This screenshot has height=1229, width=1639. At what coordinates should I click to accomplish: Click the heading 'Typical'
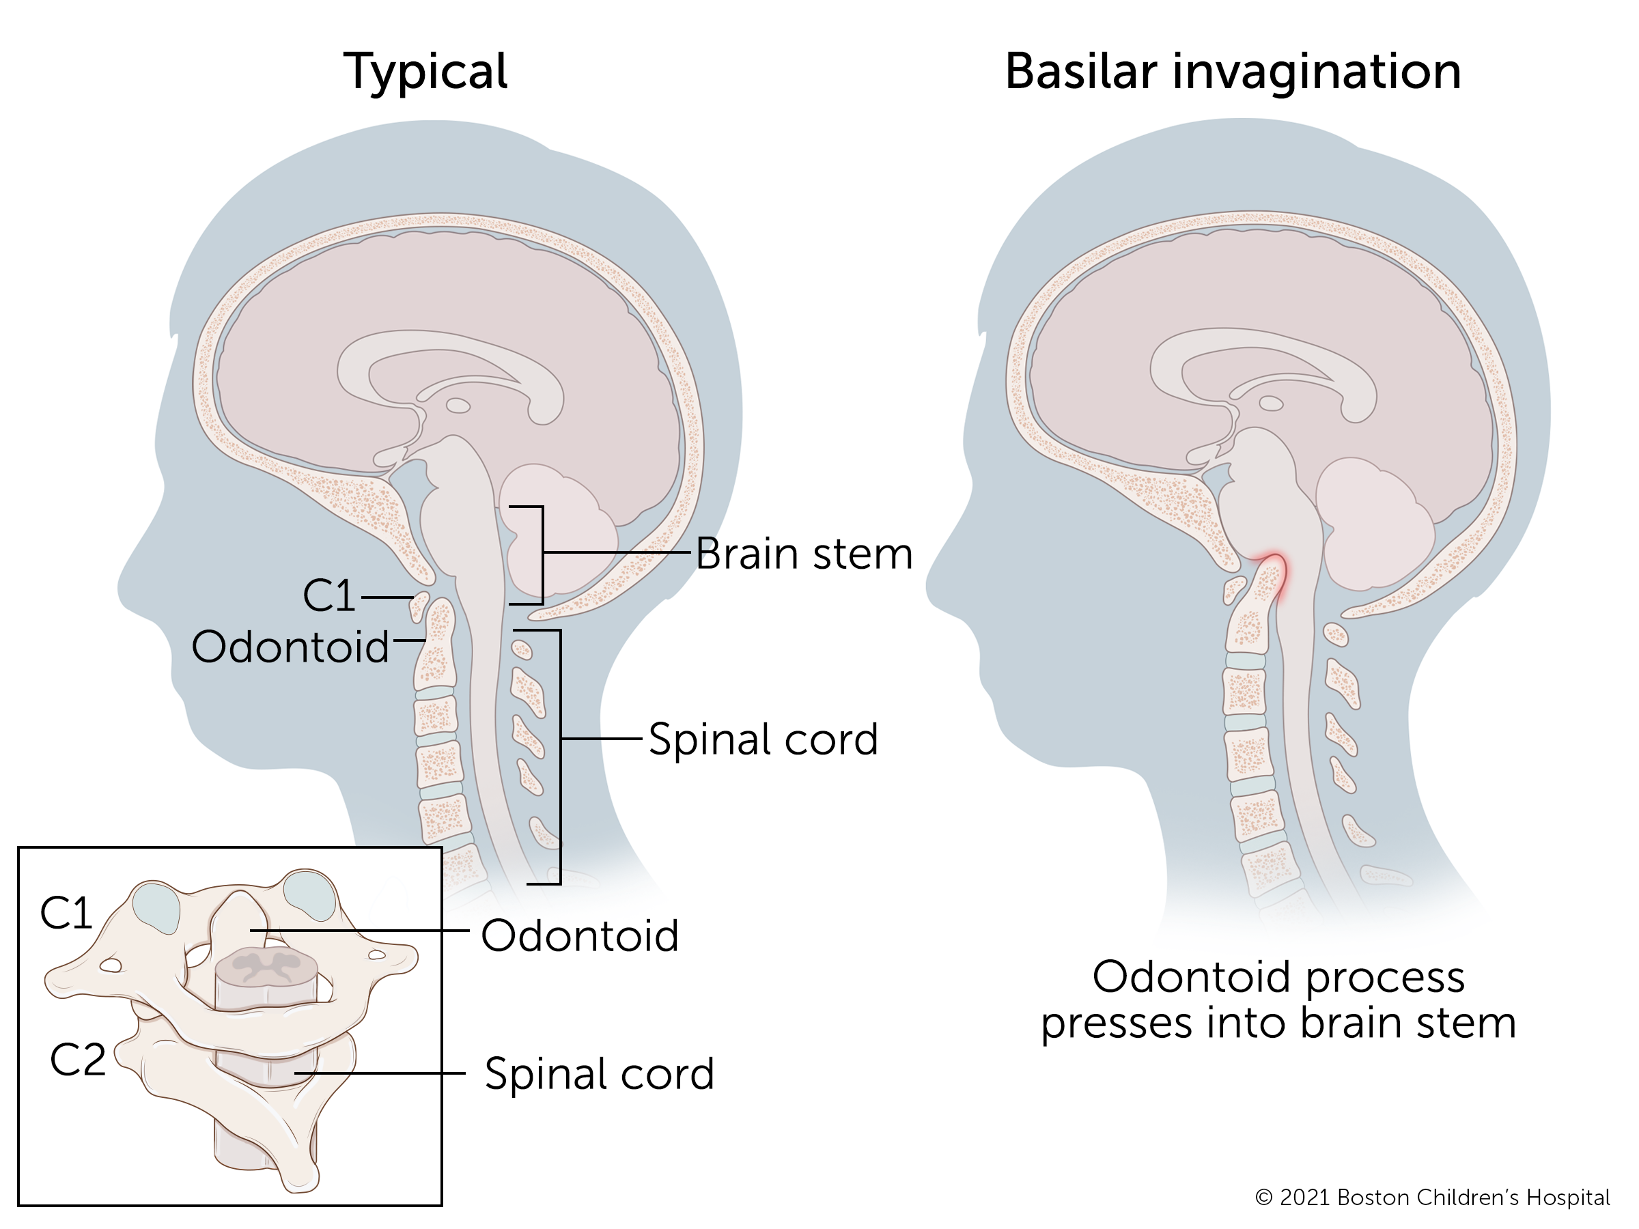tap(425, 72)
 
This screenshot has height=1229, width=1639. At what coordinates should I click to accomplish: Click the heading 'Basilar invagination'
tap(1232, 72)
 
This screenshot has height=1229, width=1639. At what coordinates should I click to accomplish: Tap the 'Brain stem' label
tap(804, 554)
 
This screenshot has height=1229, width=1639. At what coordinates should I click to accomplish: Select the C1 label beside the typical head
tap(329, 595)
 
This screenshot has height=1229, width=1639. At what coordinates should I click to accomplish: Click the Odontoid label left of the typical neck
tap(290, 647)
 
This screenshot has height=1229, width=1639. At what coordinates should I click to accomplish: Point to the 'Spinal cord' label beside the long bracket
tap(764, 739)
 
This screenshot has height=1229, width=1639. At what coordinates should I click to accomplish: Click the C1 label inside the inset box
tap(66, 913)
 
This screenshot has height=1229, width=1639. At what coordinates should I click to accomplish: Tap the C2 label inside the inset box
tap(78, 1060)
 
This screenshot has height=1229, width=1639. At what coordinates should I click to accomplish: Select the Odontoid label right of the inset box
tap(579, 935)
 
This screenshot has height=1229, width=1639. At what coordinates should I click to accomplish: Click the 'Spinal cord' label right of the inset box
tap(599, 1074)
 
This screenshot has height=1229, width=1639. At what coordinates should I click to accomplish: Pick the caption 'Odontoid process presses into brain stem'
tap(1278, 1000)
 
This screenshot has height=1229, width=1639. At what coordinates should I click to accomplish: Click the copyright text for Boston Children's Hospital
tap(1431, 1198)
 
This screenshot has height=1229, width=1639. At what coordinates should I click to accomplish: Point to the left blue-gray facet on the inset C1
tap(156, 908)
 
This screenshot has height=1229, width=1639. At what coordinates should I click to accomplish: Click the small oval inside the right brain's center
tap(1272, 403)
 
